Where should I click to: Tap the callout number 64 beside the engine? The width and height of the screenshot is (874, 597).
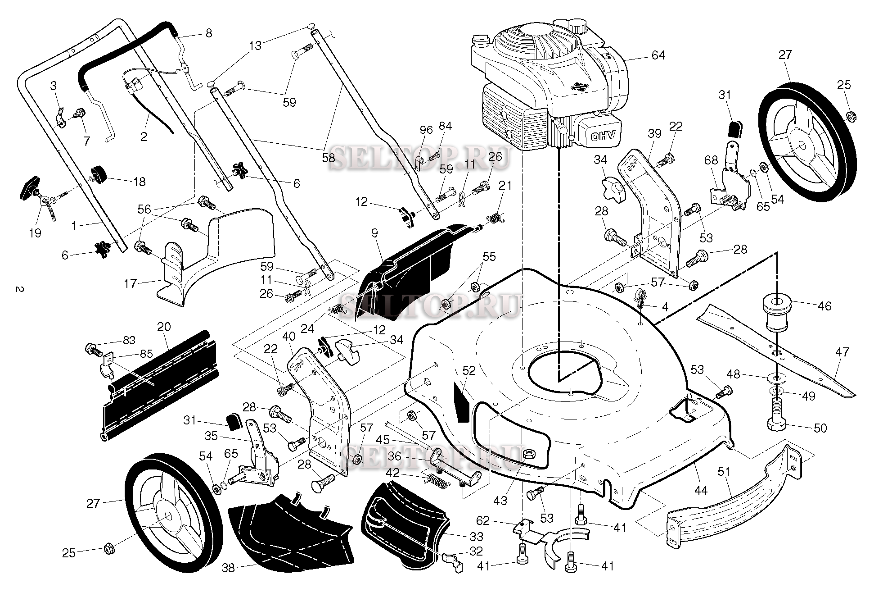(658, 55)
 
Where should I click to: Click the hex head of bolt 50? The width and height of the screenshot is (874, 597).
(776, 425)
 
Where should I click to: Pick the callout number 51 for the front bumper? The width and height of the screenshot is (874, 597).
(723, 472)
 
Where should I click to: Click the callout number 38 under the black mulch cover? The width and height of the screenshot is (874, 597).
(228, 568)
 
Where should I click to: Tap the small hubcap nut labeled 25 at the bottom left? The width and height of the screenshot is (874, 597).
(108, 549)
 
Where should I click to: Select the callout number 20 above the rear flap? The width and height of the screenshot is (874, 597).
(164, 327)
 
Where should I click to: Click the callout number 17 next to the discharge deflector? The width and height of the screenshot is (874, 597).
(130, 284)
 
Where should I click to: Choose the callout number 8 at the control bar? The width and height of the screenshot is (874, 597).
(208, 33)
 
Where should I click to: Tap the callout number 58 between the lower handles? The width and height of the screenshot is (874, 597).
(329, 158)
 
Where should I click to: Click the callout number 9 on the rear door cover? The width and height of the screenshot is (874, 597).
(374, 233)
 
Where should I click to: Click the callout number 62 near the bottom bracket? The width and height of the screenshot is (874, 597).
(482, 521)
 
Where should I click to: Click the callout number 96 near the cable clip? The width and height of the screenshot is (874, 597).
(426, 131)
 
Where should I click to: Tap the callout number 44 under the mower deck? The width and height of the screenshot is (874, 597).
(700, 490)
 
